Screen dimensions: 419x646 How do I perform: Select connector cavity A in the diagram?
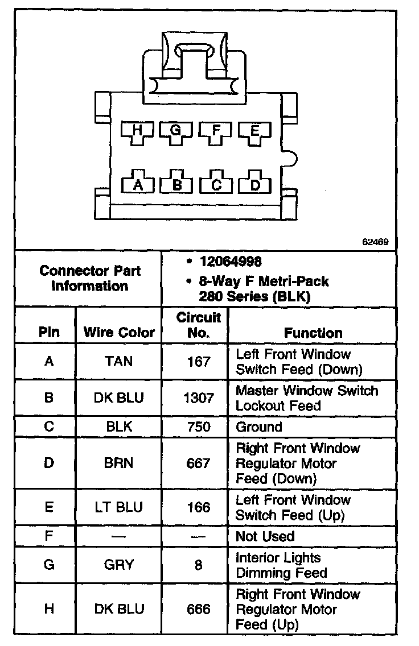(x=137, y=184)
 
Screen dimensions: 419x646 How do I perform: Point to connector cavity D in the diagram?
(x=255, y=184)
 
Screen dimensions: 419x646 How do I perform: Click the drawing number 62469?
(x=375, y=242)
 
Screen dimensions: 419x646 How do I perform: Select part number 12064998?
(x=231, y=262)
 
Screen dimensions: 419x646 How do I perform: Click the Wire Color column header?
(x=119, y=333)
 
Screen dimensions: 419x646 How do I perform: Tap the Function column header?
(x=313, y=333)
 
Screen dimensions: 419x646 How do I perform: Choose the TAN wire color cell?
(x=119, y=362)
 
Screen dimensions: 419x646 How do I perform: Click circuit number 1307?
(x=198, y=398)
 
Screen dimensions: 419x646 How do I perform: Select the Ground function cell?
(x=259, y=427)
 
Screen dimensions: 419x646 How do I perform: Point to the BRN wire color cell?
(x=119, y=463)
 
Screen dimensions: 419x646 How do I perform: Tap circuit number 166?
(x=198, y=507)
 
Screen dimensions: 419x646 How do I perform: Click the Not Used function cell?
(x=265, y=536)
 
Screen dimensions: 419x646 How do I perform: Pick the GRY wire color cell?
(x=119, y=565)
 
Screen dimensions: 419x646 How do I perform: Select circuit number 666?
(x=198, y=609)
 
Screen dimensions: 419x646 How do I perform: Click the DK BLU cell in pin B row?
(x=119, y=398)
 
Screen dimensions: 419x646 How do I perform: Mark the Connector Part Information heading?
(x=90, y=278)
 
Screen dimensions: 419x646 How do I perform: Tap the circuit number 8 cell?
(x=198, y=565)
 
